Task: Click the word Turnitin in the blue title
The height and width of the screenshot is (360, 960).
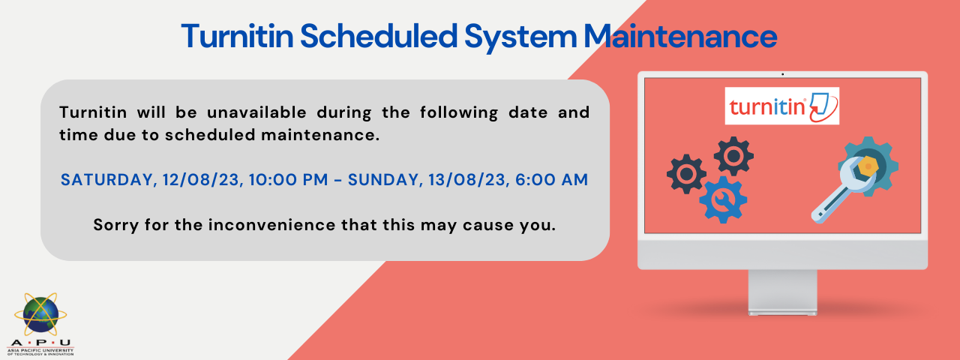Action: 238,36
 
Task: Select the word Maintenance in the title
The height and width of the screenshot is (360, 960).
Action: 680,36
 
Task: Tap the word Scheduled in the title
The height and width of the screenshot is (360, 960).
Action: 379,36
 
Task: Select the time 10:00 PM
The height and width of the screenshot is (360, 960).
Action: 289,179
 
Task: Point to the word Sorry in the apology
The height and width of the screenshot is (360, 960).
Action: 115,225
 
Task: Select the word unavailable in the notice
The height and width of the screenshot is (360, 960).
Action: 256,112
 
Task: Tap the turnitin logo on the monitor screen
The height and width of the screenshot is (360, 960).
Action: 782,106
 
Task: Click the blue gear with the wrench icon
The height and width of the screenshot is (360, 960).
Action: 724,199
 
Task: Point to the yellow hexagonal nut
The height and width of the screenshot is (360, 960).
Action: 868,166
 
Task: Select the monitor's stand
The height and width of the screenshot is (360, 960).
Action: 782,292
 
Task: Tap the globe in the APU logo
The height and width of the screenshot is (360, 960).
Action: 40,316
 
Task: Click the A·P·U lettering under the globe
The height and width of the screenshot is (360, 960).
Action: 40,343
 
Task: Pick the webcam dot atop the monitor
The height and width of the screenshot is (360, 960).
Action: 782,74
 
